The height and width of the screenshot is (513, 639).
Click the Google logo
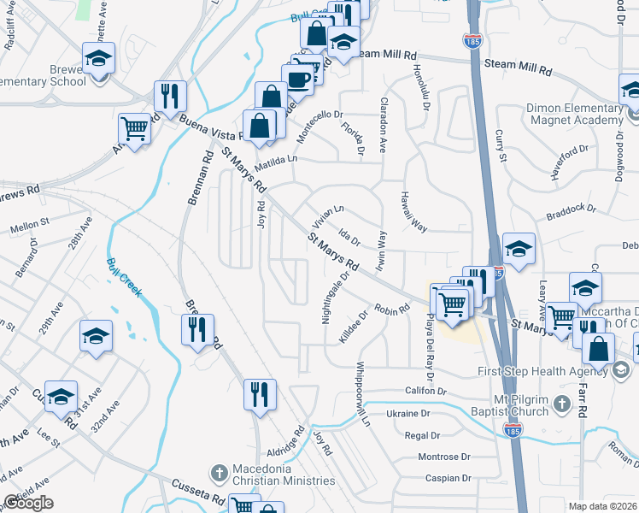(28, 503)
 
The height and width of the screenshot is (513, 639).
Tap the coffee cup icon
(297, 79)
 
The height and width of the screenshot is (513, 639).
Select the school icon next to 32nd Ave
(96, 336)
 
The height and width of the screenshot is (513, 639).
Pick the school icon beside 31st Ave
(61, 396)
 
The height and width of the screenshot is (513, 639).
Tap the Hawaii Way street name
(412, 212)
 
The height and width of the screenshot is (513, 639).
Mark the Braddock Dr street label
(569, 209)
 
